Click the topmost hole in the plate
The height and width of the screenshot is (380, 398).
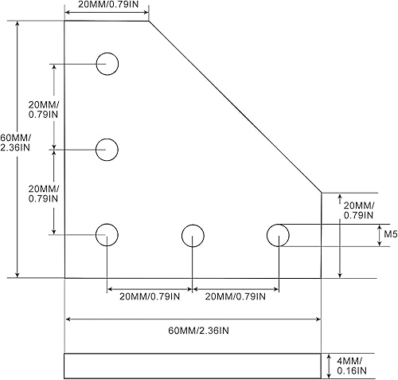point(107,63)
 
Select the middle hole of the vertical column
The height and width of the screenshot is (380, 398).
point(107,148)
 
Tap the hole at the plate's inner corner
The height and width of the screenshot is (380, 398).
point(107,235)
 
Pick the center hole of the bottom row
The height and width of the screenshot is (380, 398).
point(193,235)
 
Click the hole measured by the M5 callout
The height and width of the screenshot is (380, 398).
point(278,235)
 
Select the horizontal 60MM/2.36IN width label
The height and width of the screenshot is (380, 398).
point(193,330)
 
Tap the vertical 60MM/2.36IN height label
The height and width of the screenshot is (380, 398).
point(16,140)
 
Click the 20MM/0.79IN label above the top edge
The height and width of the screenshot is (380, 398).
point(106,6)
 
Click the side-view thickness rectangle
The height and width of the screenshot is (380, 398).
point(192,366)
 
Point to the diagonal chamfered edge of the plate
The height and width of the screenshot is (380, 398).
point(235,106)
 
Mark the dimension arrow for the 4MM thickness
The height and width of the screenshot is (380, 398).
point(326,366)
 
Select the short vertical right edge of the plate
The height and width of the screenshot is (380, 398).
point(321,234)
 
